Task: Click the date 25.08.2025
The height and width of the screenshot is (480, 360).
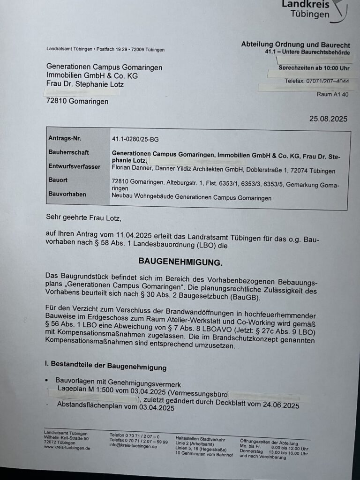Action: (x=328, y=119)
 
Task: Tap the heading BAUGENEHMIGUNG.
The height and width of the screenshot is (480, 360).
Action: (x=180, y=261)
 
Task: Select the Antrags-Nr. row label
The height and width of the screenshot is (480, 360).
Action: (x=65, y=138)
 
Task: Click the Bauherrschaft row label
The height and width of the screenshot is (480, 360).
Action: (x=68, y=152)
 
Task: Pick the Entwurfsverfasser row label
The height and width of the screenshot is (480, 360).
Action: (x=74, y=166)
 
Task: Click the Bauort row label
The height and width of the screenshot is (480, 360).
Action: (x=58, y=180)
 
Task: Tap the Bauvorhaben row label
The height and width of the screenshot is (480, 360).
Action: (x=67, y=194)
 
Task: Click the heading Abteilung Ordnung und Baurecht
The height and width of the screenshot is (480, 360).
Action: (x=295, y=45)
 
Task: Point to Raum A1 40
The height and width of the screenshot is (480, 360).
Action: (x=332, y=94)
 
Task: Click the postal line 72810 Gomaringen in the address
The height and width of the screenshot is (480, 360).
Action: (x=77, y=101)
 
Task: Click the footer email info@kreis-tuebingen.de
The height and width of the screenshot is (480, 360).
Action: (x=133, y=446)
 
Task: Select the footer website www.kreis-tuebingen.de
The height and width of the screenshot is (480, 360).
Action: (x=67, y=448)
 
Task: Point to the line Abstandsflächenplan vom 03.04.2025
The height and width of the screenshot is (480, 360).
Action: (x=115, y=408)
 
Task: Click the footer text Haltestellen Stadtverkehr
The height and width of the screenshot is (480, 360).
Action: (x=200, y=440)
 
